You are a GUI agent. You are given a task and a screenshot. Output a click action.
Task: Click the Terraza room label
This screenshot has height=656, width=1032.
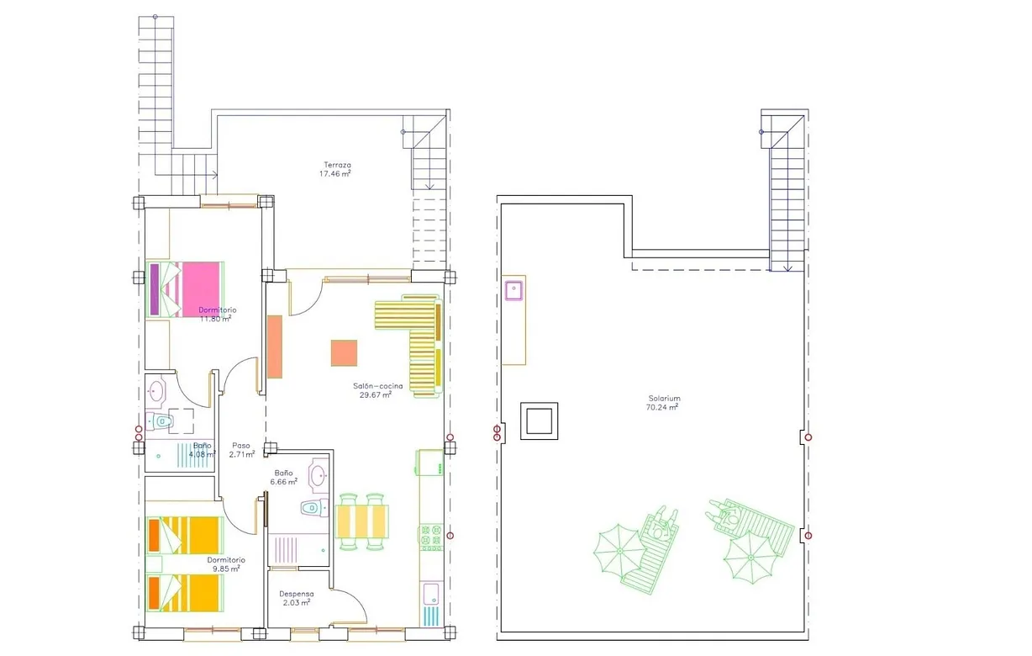(337, 165)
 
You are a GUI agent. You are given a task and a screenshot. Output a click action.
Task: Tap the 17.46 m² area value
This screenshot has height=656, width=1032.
(334, 174)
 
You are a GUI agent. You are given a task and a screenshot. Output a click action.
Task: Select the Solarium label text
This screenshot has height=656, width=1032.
(664, 398)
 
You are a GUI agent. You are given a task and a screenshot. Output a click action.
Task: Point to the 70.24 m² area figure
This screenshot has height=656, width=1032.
(663, 407)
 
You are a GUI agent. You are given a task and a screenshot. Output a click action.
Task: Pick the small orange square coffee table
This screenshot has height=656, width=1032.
(344, 352)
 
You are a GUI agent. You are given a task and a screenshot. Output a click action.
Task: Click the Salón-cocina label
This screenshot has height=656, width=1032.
(377, 386)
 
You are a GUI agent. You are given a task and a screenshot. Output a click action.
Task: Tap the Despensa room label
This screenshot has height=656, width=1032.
(297, 594)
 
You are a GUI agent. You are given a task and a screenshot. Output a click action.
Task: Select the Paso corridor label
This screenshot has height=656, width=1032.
(241, 446)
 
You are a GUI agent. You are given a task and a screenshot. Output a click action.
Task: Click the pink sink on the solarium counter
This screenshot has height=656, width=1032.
(514, 291)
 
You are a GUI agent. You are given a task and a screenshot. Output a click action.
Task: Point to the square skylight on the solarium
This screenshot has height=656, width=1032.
(540, 420)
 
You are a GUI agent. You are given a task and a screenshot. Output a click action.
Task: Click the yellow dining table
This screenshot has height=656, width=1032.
(363, 521)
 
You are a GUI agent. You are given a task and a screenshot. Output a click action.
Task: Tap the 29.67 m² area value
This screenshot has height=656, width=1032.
(375, 394)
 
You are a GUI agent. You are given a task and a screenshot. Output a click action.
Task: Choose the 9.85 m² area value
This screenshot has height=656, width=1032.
(225, 569)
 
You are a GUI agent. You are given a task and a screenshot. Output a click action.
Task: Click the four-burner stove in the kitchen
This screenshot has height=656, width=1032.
(431, 537)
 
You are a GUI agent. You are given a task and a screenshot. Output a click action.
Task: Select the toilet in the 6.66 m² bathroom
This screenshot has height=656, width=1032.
(311, 507)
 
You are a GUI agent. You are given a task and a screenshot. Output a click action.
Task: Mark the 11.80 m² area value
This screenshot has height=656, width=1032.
(216, 318)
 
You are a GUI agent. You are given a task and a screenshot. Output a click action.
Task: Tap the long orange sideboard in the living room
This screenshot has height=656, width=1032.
(275, 347)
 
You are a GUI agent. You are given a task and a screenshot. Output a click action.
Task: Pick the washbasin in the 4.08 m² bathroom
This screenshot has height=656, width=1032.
(156, 390)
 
